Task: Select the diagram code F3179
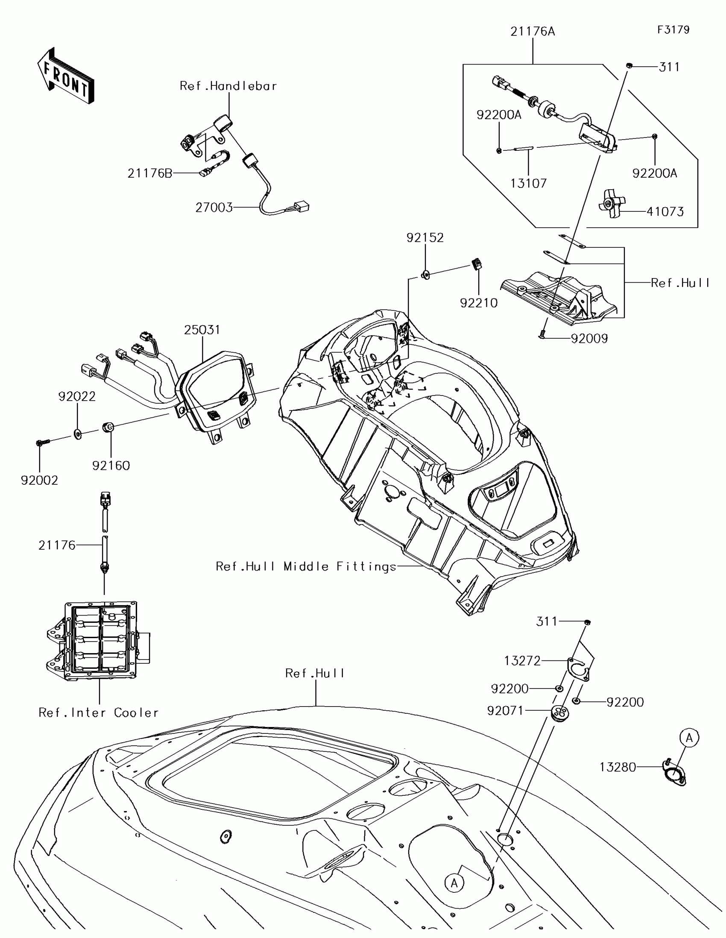673,29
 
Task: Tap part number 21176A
533,32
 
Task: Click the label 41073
665,211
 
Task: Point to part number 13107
528,183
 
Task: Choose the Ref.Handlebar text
228,86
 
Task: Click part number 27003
214,208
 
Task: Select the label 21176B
150,173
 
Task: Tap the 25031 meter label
202,330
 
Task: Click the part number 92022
77,396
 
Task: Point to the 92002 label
39,481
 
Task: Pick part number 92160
111,466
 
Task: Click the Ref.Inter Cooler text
99,713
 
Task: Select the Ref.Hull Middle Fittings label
306,566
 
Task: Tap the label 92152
425,237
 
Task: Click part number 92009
589,339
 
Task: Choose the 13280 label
618,767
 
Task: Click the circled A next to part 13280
689,738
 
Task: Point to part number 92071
505,711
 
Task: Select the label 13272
522,661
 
